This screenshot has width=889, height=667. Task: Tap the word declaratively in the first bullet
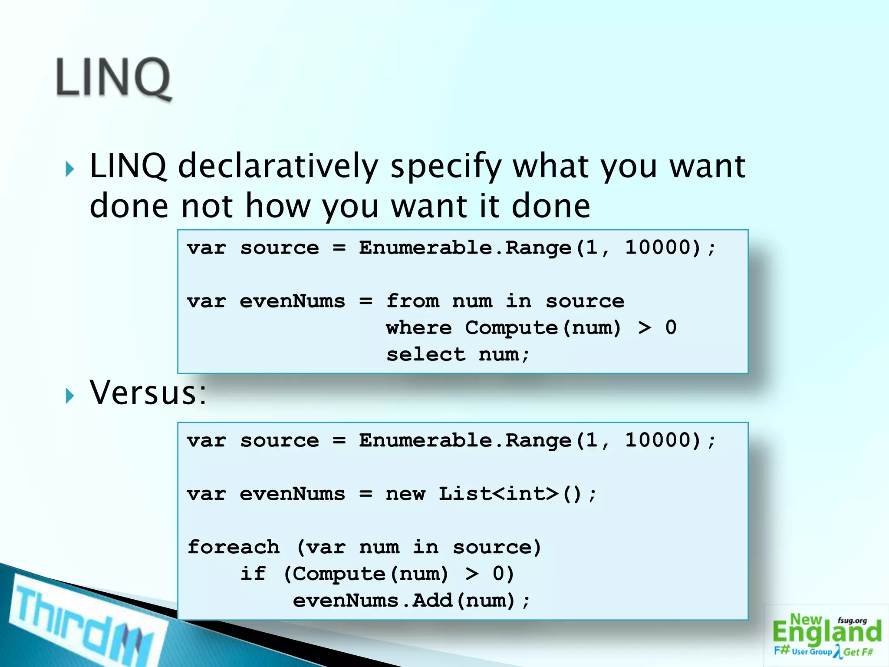pos(278,166)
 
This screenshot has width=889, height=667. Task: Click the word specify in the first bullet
pos(446,166)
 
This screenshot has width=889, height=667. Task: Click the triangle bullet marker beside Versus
pos(70,396)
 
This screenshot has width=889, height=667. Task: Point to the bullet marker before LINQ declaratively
pos(70,169)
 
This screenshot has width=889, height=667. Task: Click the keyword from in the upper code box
pos(412,301)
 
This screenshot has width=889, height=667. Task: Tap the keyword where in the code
pos(419,328)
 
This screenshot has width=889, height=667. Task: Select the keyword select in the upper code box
pos(426,355)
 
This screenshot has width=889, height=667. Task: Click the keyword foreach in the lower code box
pos(234,547)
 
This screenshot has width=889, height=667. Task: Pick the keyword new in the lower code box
pos(405,494)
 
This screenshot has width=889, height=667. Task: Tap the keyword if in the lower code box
pos(253,574)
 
